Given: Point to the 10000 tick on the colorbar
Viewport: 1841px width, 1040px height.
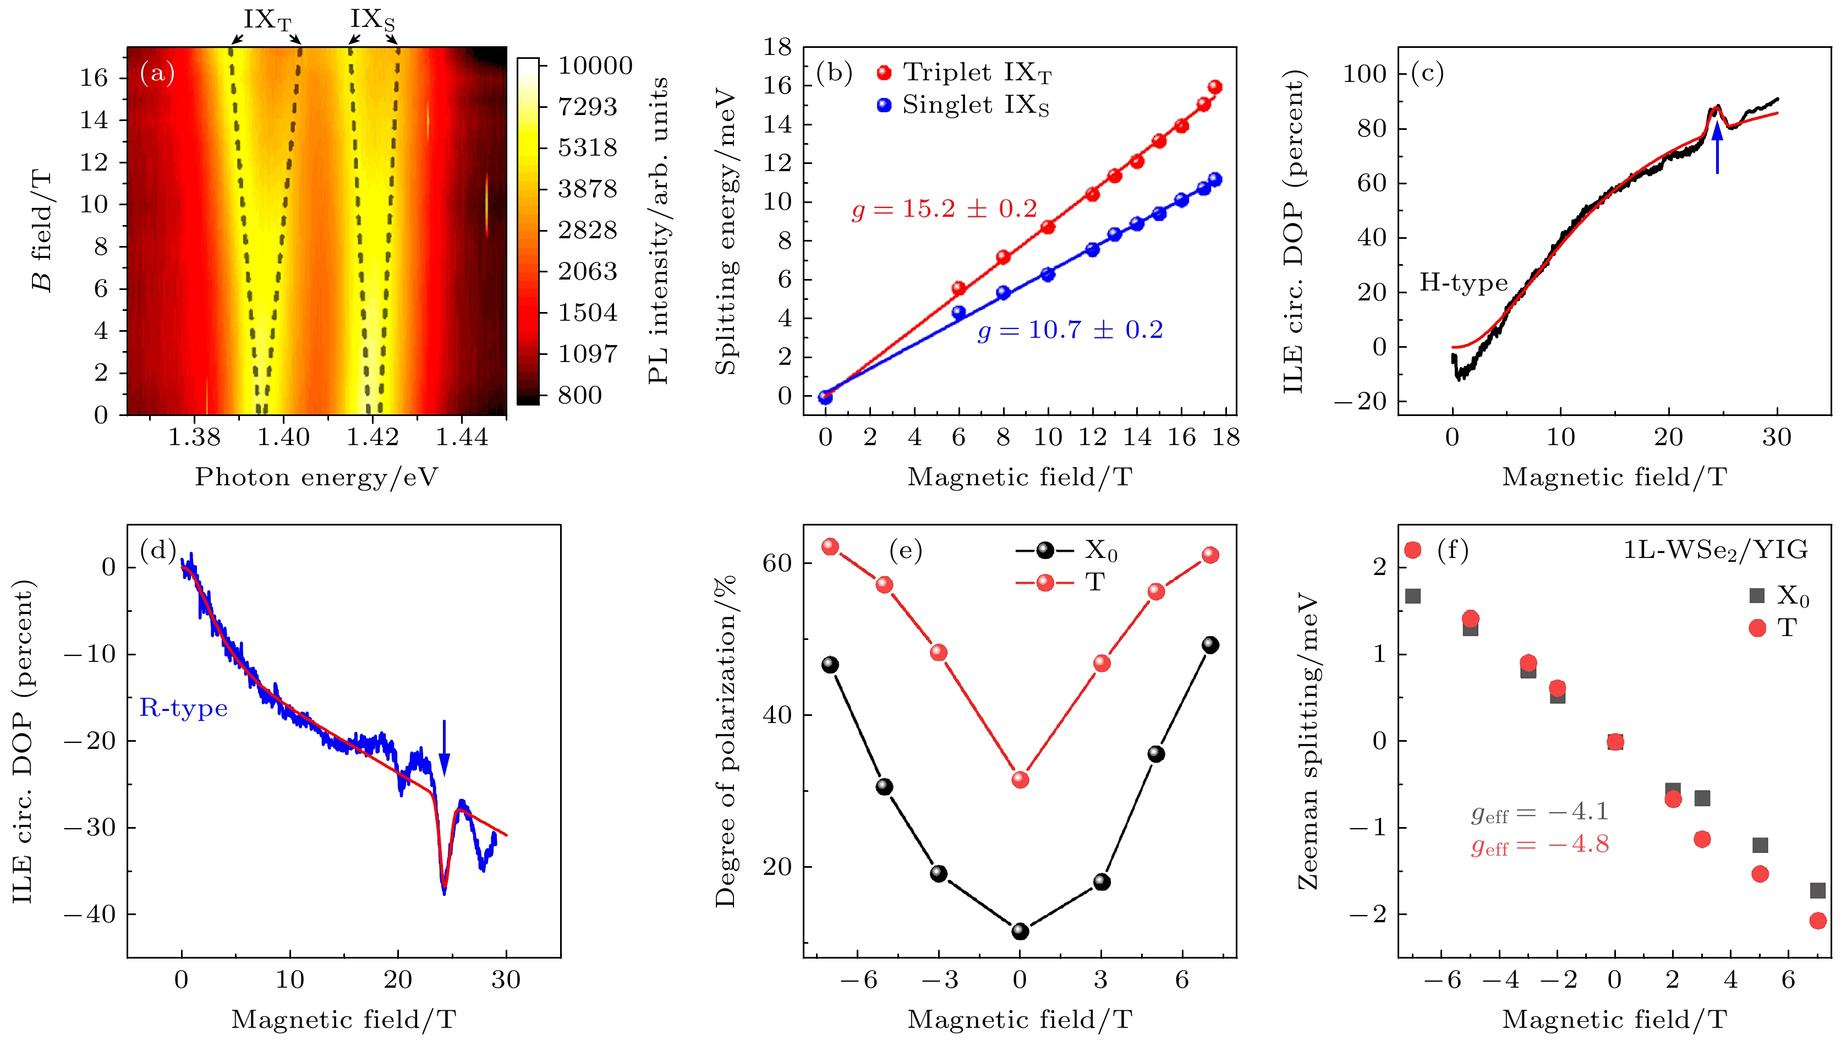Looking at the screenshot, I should (x=595, y=66).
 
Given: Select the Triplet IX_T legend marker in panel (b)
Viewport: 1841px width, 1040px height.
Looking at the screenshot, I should (x=884, y=72).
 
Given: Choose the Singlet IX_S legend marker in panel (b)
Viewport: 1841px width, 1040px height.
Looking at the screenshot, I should (x=884, y=105).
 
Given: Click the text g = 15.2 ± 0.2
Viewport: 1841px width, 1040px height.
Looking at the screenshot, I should (x=944, y=209).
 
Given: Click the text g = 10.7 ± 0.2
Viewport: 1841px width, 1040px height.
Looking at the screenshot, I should (x=1070, y=330).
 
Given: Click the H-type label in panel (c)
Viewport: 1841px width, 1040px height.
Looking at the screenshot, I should (x=1464, y=283).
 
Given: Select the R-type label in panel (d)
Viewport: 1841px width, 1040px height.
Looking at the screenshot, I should (x=184, y=708).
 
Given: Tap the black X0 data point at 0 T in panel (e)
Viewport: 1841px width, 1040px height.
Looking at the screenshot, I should (x=1021, y=932).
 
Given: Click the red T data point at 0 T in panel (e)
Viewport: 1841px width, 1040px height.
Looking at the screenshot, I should (x=1021, y=779).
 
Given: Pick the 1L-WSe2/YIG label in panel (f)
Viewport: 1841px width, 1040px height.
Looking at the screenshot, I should (x=1715, y=550).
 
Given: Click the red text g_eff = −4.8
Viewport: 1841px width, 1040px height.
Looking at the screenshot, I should (x=1539, y=845).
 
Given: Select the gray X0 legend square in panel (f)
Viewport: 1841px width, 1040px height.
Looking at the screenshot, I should (x=1757, y=595).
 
